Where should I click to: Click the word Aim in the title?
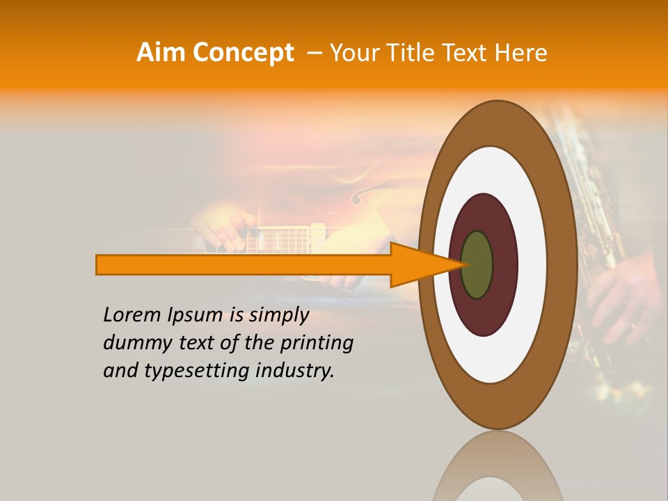[x=161, y=53]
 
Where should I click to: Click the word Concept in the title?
[x=244, y=53]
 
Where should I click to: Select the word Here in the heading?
[x=520, y=53]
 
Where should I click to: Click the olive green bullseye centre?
[x=477, y=264]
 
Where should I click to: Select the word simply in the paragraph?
[x=278, y=315]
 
